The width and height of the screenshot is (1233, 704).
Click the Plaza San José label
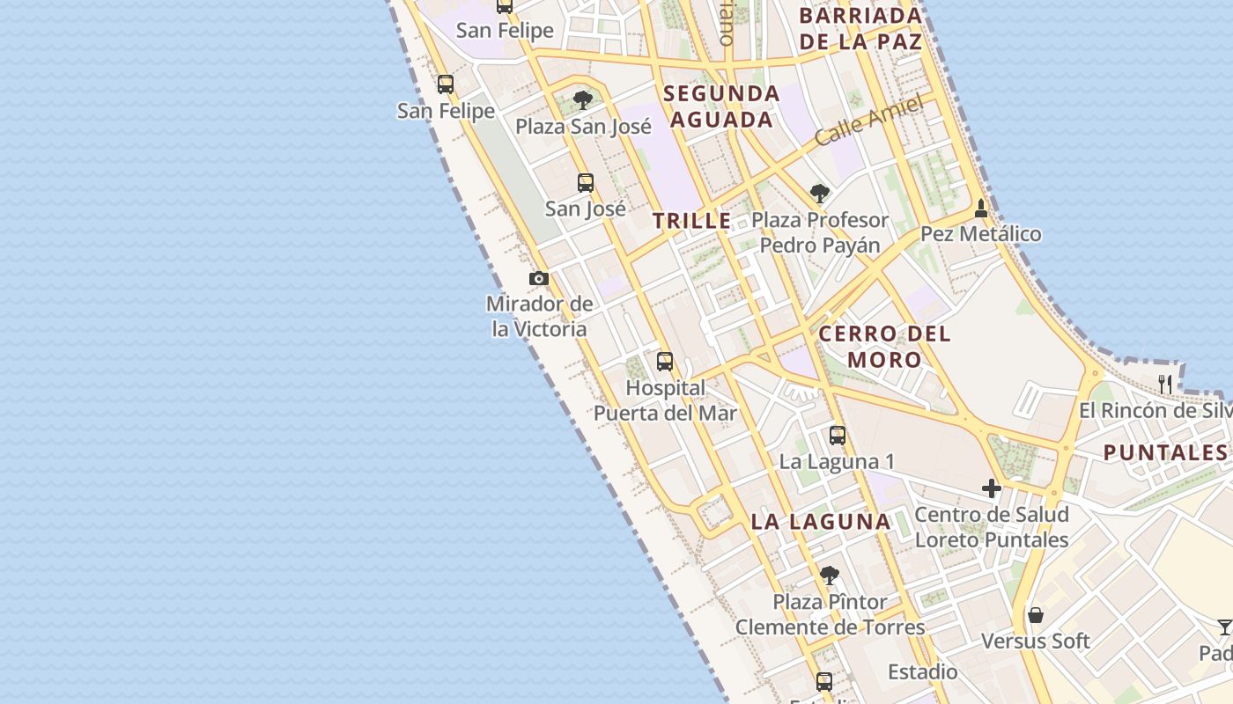(x=583, y=126)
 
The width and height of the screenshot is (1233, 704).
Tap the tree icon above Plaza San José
(x=582, y=99)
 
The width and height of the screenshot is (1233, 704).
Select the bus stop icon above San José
(x=586, y=183)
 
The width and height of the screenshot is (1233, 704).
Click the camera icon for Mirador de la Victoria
(x=539, y=278)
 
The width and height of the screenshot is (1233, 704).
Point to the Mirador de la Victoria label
(x=539, y=316)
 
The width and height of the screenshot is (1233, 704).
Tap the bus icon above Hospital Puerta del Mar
(x=665, y=361)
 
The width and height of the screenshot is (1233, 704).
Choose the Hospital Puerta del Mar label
(x=665, y=400)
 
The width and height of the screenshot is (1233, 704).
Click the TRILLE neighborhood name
(x=692, y=221)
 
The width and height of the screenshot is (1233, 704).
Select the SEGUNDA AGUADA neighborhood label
(x=722, y=106)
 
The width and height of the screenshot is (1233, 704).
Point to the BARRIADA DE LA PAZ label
(x=860, y=28)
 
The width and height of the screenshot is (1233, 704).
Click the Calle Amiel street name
(x=868, y=121)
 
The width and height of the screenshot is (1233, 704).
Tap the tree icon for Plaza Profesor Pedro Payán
(x=820, y=193)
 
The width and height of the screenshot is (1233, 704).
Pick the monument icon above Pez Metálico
(x=981, y=209)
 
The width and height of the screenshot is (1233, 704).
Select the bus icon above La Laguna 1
(x=837, y=435)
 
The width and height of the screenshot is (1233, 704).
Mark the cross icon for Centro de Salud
(x=992, y=488)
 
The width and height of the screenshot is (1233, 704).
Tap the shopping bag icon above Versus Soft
(x=1036, y=614)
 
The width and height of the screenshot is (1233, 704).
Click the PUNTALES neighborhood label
(x=1164, y=453)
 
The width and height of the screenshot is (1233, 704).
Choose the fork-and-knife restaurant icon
(x=1165, y=384)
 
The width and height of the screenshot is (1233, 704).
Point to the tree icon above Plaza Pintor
(x=829, y=576)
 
